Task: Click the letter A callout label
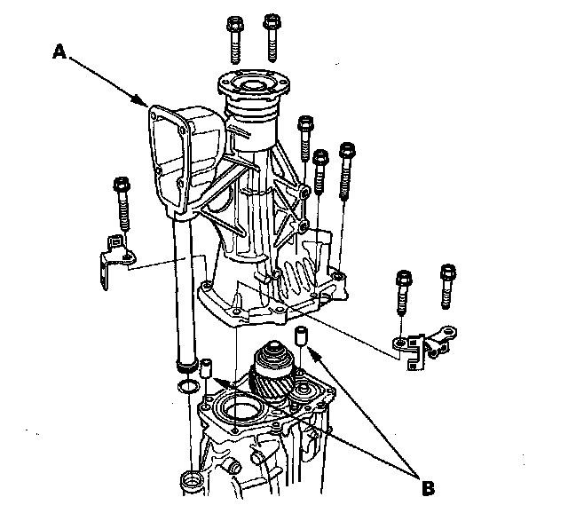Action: point(59,52)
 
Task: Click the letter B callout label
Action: point(429,486)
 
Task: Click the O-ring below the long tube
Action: point(186,386)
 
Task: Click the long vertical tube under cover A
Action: point(181,293)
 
